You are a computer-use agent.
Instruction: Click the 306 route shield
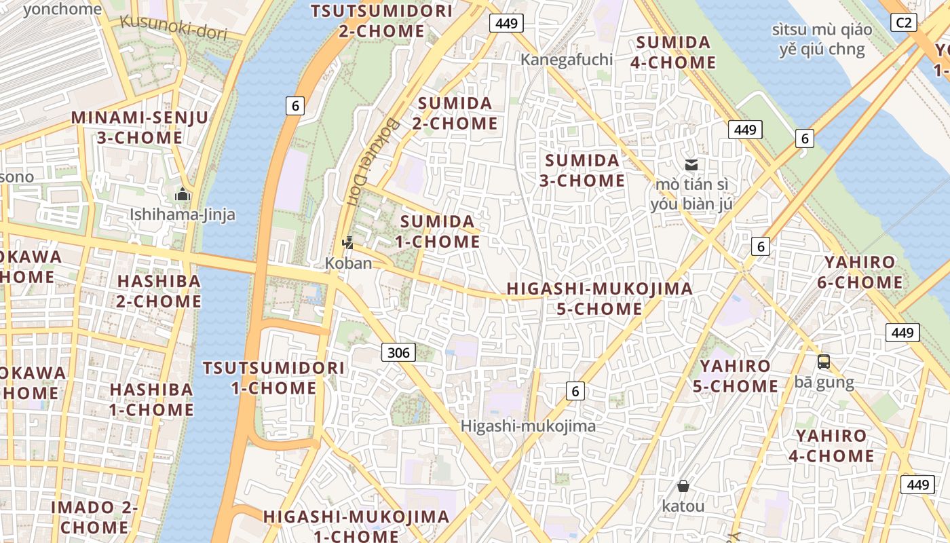pos(398,352)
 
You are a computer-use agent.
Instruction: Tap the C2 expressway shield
pos(903,23)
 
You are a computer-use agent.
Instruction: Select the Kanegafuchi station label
pos(567,60)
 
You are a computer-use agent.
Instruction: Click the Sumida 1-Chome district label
pos(439,231)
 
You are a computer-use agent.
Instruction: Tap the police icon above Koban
pos(347,242)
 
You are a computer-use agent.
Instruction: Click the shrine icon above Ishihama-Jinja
pos(182,195)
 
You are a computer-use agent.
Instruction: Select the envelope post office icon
pos(691,164)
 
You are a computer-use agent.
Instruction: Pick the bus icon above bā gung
pos(823,362)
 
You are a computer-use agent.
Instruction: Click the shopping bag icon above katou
pos(683,486)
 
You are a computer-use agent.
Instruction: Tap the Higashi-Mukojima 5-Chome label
pos(600,299)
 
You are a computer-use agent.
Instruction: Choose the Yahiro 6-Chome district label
pos(860,272)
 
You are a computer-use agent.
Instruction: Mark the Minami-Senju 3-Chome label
pos(140,128)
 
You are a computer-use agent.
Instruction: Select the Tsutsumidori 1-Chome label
pos(273,378)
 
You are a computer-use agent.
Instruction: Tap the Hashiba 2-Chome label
pos(159,291)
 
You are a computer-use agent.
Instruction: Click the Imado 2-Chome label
pos(94,517)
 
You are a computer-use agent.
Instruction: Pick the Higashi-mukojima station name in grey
pos(528,426)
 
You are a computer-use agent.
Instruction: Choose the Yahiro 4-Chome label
pos(831,445)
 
